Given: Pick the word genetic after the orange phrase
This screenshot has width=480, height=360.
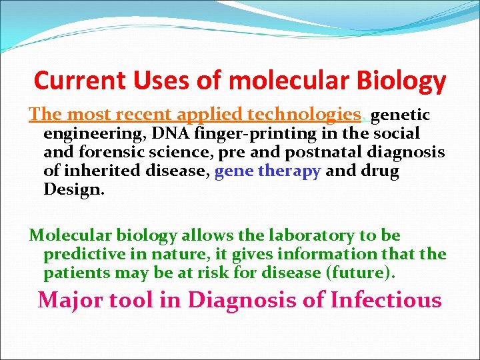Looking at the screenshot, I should pyautogui.click(x=400, y=115).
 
